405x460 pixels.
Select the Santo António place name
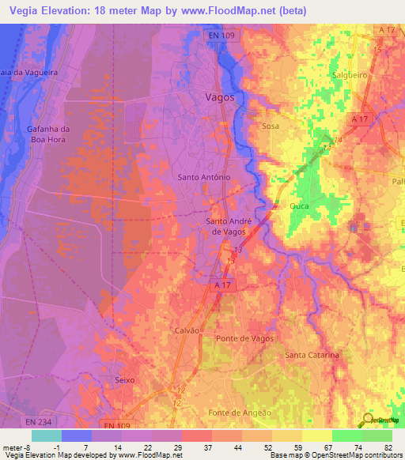(x=204, y=178)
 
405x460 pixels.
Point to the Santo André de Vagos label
(x=229, y=226)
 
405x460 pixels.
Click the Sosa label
(x=271, y=126)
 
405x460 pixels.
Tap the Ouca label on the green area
(x=299, y=206)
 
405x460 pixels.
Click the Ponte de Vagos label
(x=244, y=338)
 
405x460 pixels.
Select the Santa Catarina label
(x=312, y=356)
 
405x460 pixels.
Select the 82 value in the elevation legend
(x=388, y=447)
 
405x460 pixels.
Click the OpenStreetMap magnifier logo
(x=370, y=419)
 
